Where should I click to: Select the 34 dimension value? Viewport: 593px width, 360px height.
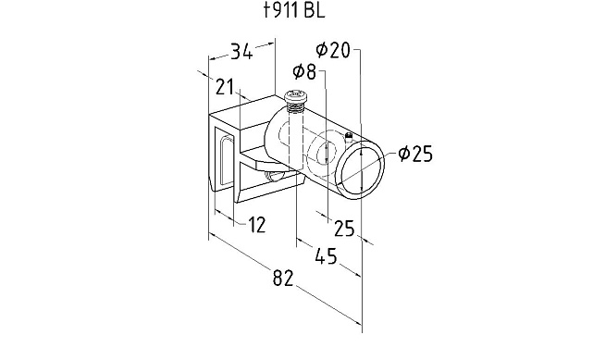[x=241, y=52]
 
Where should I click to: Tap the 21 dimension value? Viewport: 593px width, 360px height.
[x=225, y=87]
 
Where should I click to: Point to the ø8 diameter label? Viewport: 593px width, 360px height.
[x=304, y=71]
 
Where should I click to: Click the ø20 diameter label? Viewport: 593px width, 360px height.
[x=333, y=50]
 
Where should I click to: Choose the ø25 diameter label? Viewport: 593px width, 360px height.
[x=414, y=154]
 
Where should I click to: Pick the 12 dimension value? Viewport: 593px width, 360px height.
[x=257, y=225]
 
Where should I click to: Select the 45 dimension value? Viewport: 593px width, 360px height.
[x=326, y=255]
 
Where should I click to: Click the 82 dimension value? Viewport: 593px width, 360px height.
[x=283, y=278]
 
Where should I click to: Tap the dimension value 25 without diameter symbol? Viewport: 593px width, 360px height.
[x=345, y=229]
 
